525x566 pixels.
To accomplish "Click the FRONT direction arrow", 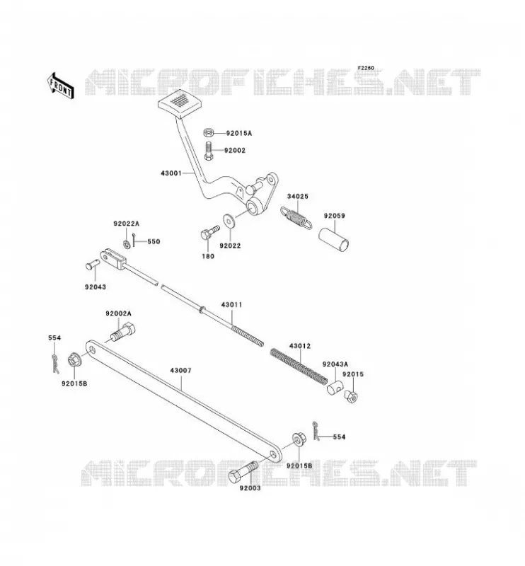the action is [x=60, y=86].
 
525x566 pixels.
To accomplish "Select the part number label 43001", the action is [x=171, y=173].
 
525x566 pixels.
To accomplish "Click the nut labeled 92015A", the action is [x=208, y=133].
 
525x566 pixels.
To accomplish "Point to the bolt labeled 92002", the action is [x=209, y=151].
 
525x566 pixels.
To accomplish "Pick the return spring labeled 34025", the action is [x=295, y=218].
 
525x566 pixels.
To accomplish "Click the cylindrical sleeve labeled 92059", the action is [x=334, y=239].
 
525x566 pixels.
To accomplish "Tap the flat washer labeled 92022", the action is [x=229, y=221].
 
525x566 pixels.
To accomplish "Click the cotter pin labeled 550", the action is [x=134, y=241].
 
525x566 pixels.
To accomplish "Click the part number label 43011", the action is [x=232, y=305].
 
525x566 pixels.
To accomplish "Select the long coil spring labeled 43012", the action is [x=299, y=366].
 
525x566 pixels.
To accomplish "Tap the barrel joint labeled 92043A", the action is [x=335, y=388].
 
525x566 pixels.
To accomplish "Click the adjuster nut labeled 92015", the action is [x=351, y=396].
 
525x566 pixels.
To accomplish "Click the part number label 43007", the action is [x=181, y=371].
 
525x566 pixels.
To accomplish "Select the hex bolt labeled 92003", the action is [x=243, y=472].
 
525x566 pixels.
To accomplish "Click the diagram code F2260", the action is [x=366, y=68].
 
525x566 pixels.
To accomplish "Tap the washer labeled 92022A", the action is [x=127, y=244].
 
